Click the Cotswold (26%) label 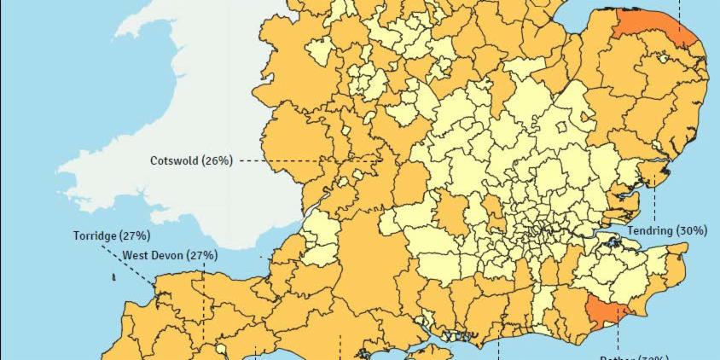point(191,160)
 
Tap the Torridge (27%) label point(112,235)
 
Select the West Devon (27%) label point(169,255)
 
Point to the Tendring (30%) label point(667,231)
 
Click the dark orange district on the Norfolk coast point(653,25)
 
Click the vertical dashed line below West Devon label point(204,307)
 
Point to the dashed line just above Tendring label point(654,205)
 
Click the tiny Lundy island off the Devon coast point(113,277)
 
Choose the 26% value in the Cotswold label point(217,160)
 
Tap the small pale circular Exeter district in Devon point(219,350)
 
